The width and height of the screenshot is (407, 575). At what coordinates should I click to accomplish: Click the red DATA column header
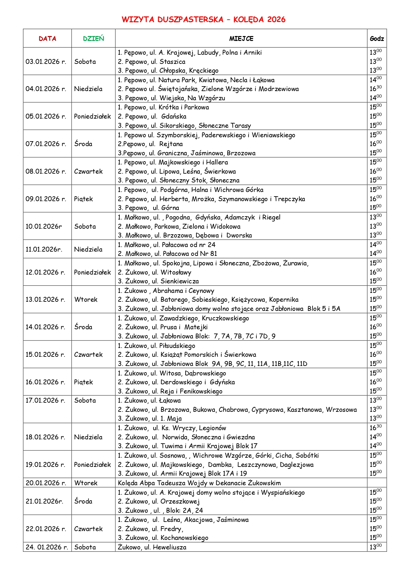point(47,39)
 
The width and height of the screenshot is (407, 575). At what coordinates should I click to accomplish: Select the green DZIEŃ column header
point(93,39)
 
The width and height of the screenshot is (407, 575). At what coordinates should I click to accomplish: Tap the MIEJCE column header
point(241,39)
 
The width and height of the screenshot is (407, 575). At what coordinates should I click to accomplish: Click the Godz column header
point(377,39)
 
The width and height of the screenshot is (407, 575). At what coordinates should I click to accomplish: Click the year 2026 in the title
point(276,20)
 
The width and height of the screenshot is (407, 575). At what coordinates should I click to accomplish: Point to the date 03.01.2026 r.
point(46,62)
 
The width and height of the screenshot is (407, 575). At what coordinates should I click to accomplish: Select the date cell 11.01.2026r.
point(44,249)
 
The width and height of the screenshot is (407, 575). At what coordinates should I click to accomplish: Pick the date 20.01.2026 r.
point(46,483)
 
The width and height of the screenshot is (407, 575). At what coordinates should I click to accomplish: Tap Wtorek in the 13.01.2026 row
point(86,299)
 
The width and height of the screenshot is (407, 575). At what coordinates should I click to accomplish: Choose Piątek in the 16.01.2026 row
point(84,382)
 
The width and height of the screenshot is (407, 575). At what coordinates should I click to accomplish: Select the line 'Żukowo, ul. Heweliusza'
point(152,547)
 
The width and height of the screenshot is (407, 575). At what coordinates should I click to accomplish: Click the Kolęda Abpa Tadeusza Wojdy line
point(199,483)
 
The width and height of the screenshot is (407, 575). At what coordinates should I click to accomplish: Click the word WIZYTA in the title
point(138,20)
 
